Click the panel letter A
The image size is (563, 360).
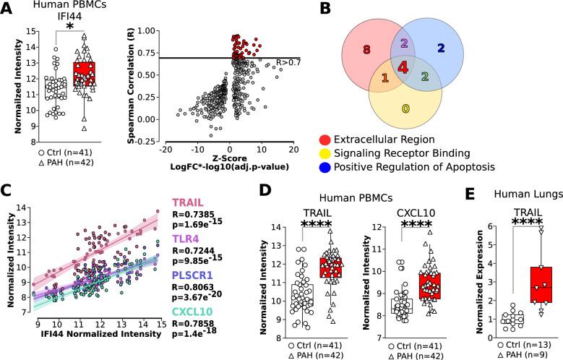9,8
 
